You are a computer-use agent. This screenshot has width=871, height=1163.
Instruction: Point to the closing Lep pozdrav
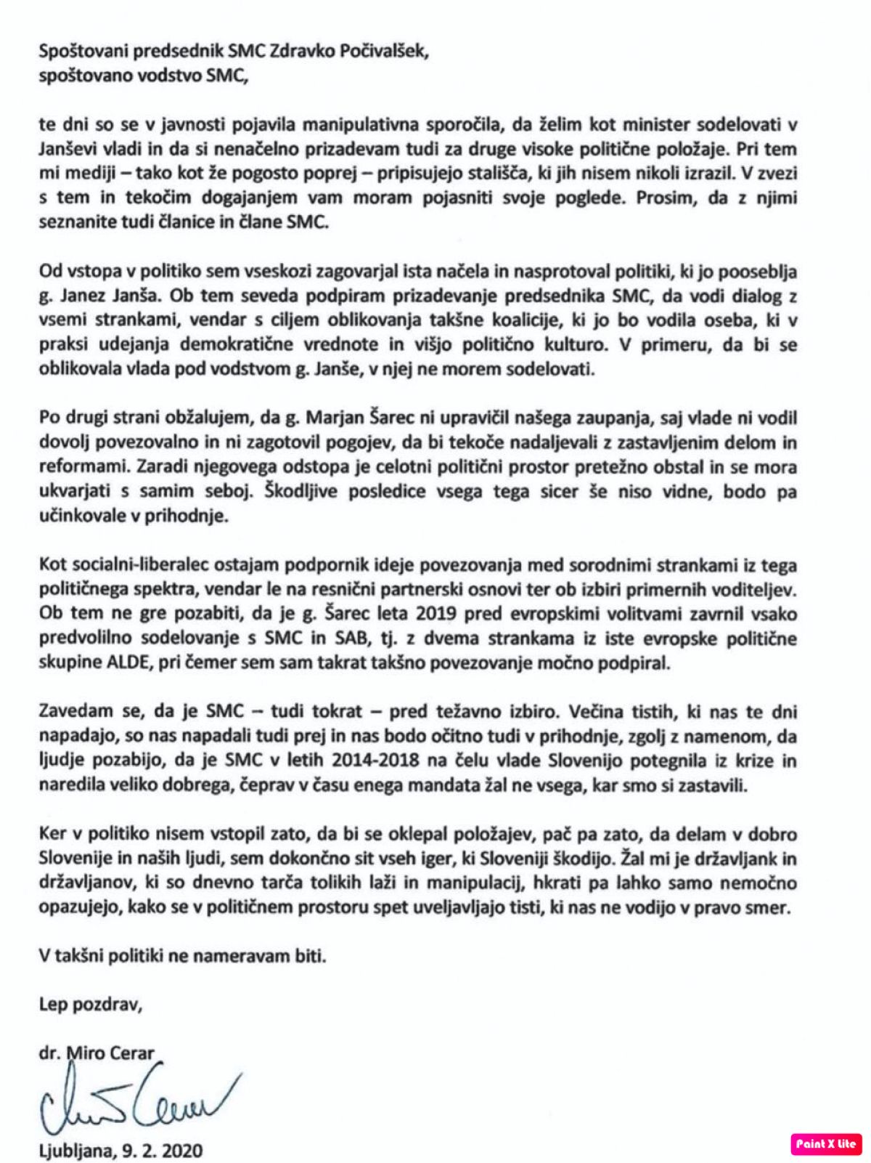point(91,1005)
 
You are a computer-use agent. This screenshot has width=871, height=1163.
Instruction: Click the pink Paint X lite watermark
point(826,1144)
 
